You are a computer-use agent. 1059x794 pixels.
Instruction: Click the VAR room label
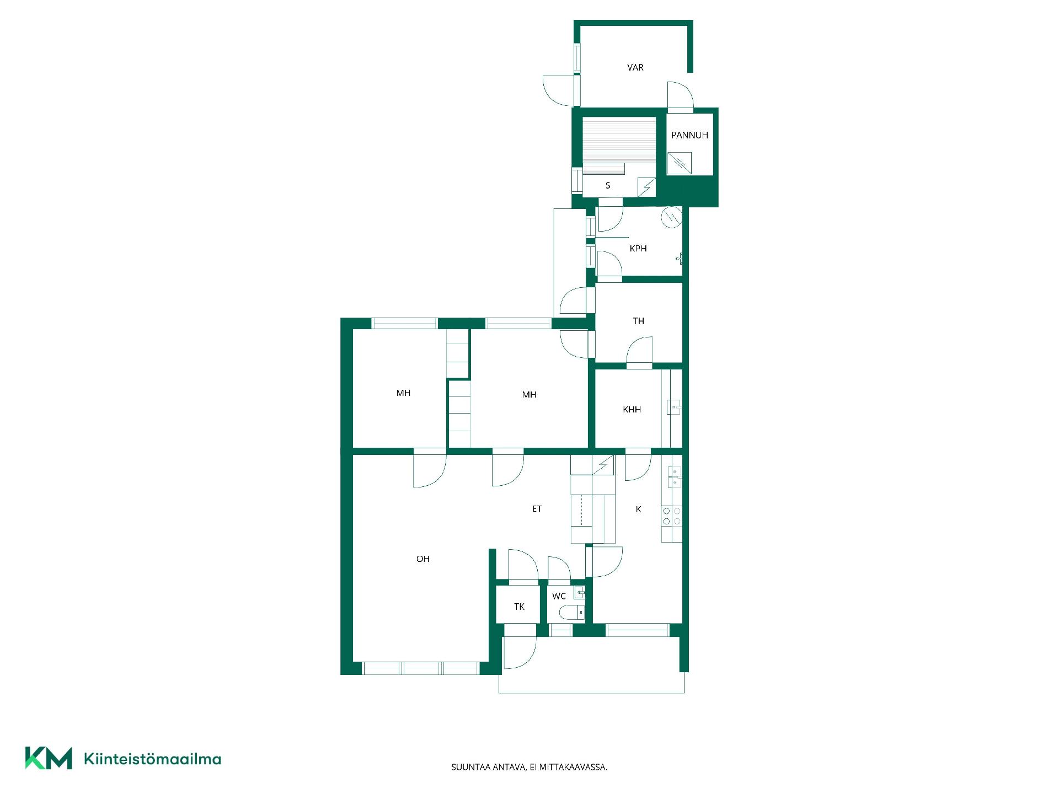point(635,67)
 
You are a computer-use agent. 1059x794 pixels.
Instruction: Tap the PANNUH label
point(689,135)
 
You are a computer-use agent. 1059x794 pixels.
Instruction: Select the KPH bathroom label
point(638,249)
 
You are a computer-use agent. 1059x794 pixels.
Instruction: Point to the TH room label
point(639,321)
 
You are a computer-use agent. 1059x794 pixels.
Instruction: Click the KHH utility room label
point(632,410)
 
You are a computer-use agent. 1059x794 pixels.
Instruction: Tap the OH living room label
point(423,559)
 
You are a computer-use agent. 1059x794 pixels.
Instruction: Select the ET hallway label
point(537,509)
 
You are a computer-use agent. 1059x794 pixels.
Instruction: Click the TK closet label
point(520,607)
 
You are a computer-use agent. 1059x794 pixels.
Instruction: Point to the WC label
point(559,596)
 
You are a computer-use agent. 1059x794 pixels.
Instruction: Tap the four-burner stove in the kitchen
point(672,516)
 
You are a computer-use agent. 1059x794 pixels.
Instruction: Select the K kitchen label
point(639,509)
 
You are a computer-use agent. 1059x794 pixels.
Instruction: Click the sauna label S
point(608,186)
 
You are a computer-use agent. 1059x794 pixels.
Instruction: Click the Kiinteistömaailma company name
point(152,759)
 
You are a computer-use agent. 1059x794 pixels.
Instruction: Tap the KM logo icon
point(49,758)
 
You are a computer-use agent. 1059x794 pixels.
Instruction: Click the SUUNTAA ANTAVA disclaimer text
point(529,767)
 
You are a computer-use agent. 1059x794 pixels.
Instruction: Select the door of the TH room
point(639,352)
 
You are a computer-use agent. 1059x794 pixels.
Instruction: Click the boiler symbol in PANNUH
point(679,163)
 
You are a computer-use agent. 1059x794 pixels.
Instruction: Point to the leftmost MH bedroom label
point(403,393)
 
